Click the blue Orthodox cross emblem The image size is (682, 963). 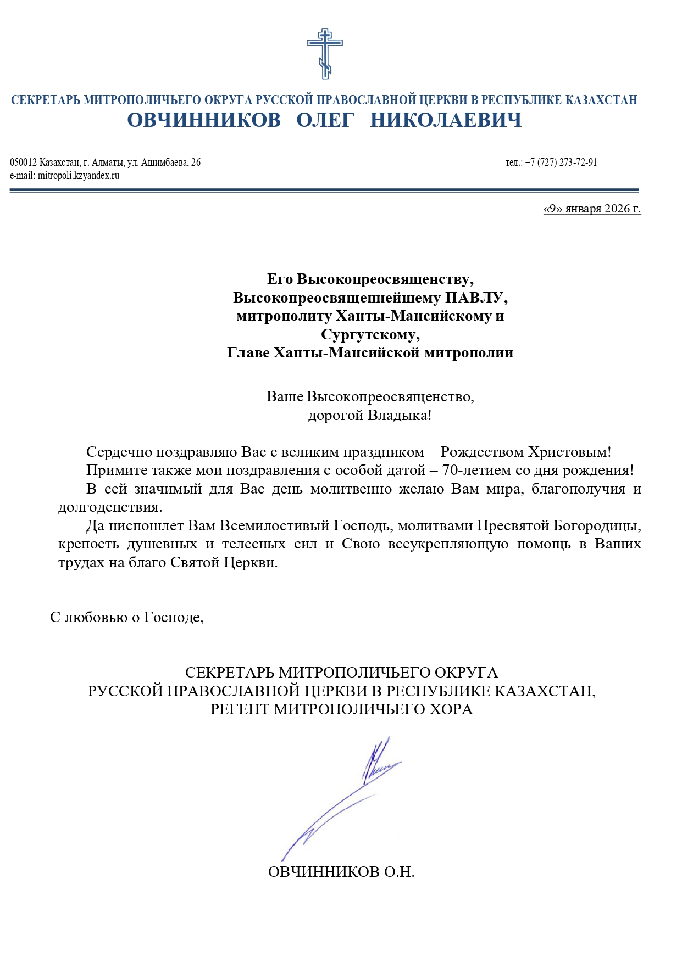click(325, 53)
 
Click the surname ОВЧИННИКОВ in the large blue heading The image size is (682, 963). click(204, 120)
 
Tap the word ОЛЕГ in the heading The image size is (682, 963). click(325, 120)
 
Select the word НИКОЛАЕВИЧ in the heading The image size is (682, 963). click(446, 120)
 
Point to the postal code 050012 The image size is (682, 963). click(23, 163)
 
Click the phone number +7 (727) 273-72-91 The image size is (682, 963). click(561, 163)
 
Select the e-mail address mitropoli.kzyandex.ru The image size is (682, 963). click(79, 176)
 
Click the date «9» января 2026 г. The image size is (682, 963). click(592, 209)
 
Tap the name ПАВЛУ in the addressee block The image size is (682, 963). click(474, 298)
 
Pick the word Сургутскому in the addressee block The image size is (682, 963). click(370, 334)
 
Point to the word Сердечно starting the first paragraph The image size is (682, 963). click(119, 452)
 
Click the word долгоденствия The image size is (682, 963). click(110, 507)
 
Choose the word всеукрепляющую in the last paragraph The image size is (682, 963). click(448, 544)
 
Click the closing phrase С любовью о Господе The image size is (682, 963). click(127, 617)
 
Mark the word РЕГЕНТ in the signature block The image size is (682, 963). click(240, 709)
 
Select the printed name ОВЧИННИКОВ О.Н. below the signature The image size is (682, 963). click(341, 872)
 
